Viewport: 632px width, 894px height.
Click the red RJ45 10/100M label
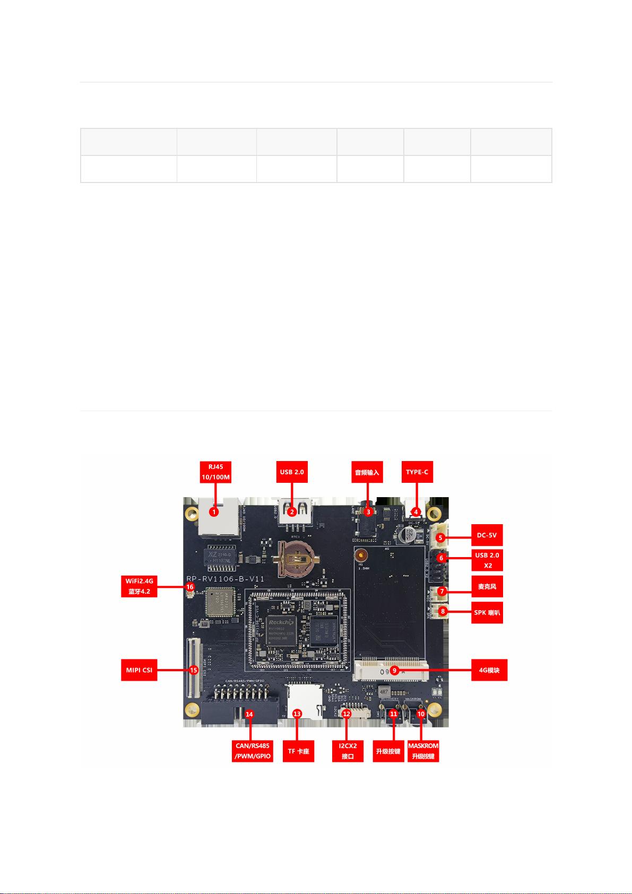pyautogui.click(x=215, y=472)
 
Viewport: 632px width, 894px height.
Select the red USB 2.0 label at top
pyautogui.click(x=291, y=472)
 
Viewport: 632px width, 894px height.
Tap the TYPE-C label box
pyautogui.click(x=417, y=472)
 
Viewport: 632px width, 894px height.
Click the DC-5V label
pyautogui.click(x=486, y=535)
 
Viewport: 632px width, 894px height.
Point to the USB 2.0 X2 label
pyautogui.click(x=487, y=560)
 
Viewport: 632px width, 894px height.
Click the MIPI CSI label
pyautogui.click(x=139, y=670)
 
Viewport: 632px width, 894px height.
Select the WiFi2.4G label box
pyautogui.click(x=140, y=587)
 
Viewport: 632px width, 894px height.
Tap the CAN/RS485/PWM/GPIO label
pyautogui.click(x=253, y=751)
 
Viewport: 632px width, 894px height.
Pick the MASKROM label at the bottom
pyautogui.click(x=423, y=751)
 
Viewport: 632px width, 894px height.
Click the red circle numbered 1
pyautogui.click(x=213, y=512)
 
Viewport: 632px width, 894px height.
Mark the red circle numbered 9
pyautogui.click(x=394, y=670)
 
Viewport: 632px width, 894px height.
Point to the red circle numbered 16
pyautogui.click(x=190, y=587)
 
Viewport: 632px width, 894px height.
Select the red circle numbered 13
pyautogui.click(x=298, y=714)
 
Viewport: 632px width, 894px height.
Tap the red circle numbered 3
pyautogui.click(x=367, y=512)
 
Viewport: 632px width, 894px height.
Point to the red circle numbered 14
pyautogui.click(x=249, y=714)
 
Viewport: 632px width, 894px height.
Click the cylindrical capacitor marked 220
pyautogui.click(x=408, y=534)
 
